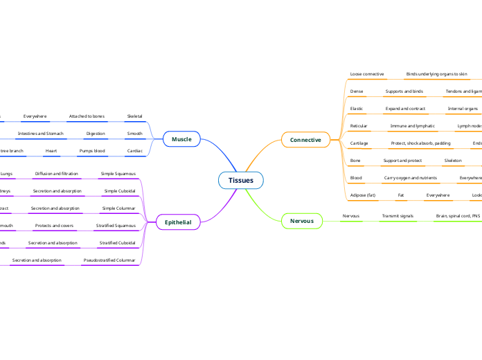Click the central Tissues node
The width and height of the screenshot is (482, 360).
click(x=241, y=181)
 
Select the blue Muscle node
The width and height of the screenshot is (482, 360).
click(x=181, y=140)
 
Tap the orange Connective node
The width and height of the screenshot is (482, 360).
click(x=305, y=140)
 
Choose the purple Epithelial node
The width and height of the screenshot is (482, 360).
click(x=178, y=222)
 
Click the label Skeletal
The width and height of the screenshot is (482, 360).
click(x=134, y=116)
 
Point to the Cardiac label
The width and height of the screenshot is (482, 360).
click(x=134, y=150)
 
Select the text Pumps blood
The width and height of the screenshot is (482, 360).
click(x=92, y=150)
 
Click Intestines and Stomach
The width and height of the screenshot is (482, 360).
click(x=40, y=133)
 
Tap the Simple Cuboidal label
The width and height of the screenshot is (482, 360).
click(x=120, y=190)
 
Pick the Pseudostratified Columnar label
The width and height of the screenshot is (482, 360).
click(x=109, y=260)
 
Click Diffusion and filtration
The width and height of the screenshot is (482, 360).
click(x=57, y=173)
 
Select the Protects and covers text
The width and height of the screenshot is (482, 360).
click(x=54, y=226)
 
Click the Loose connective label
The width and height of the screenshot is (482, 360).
click(x=367, y=73)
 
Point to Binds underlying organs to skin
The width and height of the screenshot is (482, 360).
click(x=436, y=73)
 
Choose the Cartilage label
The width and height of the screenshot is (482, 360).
click(x=359, y=143)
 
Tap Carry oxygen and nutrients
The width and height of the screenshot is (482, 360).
click(x=411, y=178)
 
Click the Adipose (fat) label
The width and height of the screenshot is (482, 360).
click(x=363, y=195)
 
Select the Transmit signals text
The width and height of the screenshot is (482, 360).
click(x=398, y=216)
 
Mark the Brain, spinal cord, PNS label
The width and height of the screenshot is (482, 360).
click(x=457, y=216)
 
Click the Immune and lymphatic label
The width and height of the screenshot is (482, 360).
click(x=413, y=126)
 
